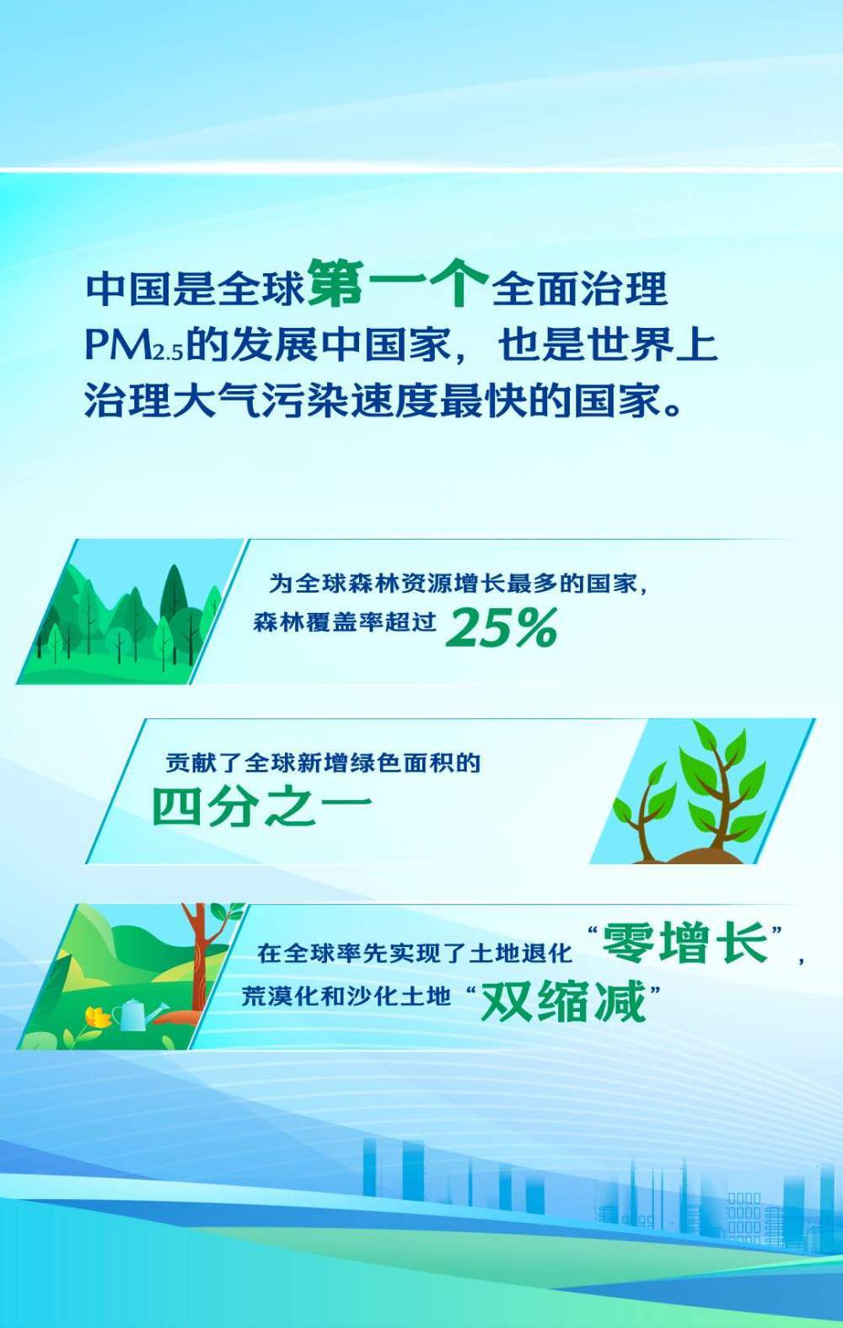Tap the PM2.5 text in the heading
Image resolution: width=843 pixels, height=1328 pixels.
tap(133, 345)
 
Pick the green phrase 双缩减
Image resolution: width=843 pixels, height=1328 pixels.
tap(563, 1001)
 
